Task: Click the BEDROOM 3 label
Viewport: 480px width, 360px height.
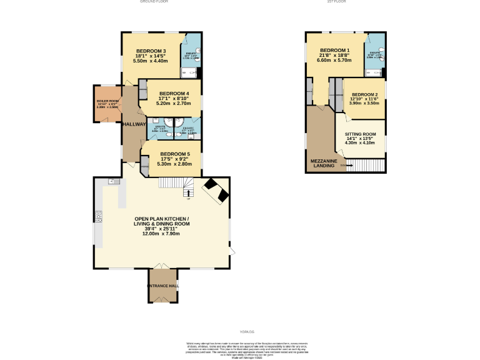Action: (x=151, y=51)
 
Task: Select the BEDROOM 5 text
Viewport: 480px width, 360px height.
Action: (x=174, y=154)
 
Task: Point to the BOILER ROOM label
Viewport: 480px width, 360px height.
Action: (x=107, y=101)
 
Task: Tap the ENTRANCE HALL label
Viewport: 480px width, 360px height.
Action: (x=163, y=286)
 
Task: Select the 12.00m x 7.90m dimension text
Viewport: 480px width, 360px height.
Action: (x=161, y=234)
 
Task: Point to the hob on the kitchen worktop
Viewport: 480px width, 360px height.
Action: (x=99, y=216)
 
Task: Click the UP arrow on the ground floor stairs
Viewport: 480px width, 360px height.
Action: (x=188, y=198)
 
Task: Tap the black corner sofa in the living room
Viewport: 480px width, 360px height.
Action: (x=216, y=189)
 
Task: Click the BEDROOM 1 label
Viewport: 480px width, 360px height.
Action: (x=334, y=51)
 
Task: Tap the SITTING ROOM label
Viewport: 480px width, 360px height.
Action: (x=361, y=134)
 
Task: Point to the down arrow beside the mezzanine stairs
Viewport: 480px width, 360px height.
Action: (x=343, y=166)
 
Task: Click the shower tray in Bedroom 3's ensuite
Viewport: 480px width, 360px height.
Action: (x=191, y=72)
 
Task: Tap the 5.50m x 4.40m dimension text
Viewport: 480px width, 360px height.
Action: (x=151, y=61)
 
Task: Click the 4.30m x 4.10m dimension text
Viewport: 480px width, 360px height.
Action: (x=361, y=143)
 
